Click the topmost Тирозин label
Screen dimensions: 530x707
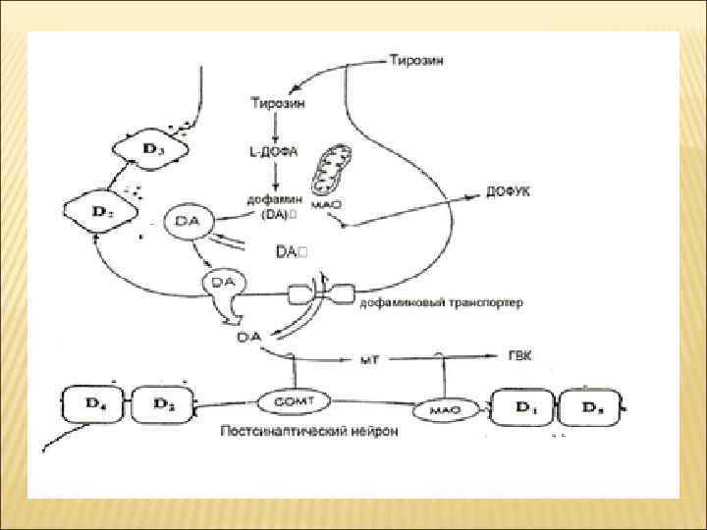pyautogui.click(x=415, y=61)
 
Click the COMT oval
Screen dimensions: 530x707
pyautogui.click(x=294, y=400)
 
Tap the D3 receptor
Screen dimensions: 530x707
pyautogui.click(x=151, y=148)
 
